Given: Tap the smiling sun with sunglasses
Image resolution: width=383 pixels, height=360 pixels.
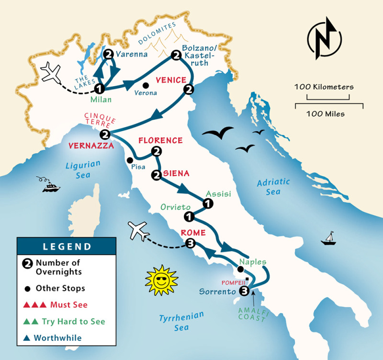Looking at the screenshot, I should tap(162, 280).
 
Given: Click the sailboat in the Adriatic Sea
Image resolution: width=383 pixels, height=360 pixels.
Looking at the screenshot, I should tap(328, 238).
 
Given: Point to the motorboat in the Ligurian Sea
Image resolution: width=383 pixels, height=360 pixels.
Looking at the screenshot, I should tap(50, 185).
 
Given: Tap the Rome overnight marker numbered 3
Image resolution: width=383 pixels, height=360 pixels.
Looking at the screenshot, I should tap(190, 244).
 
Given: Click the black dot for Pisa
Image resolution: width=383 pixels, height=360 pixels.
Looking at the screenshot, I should tap(129, 160).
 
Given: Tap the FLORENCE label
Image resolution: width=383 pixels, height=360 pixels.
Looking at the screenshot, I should tap(160, 140).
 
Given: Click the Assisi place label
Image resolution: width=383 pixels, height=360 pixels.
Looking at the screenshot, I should tap(219, 194).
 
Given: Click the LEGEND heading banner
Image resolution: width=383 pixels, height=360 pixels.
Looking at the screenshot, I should tap(67, 247).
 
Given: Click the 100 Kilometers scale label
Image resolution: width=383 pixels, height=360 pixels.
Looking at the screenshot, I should tap(324, 87).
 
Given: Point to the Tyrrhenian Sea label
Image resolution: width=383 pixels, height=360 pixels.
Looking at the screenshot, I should tap(181, 321).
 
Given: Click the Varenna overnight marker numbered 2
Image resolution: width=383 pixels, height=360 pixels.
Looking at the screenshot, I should tap(108, 54).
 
